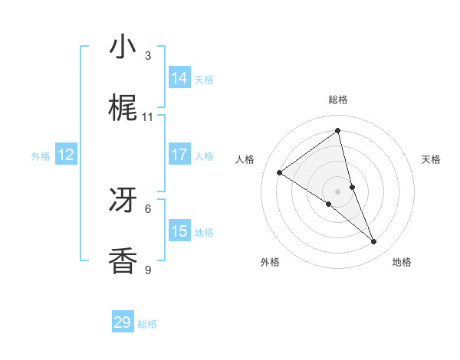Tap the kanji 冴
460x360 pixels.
(123, 200)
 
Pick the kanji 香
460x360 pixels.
(123, 261)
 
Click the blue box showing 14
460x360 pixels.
(179, 78)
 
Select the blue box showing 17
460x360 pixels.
(179, 155)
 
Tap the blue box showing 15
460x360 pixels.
(179, 231)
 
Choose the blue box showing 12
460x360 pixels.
(66, 155)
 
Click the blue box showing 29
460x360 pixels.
(123, 322)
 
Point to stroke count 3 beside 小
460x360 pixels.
(148, 56)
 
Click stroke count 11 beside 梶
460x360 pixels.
(148, 117)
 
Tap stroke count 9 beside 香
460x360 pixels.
(148, 270)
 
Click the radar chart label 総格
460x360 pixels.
(338, 100)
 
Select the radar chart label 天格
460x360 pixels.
(431, 159)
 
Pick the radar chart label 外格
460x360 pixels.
(270, 262)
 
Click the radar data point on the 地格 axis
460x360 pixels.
(374, 241)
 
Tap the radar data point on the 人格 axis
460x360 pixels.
(280, 172)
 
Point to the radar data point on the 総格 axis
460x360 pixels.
(338, 130)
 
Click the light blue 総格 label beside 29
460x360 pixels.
(147, 324)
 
